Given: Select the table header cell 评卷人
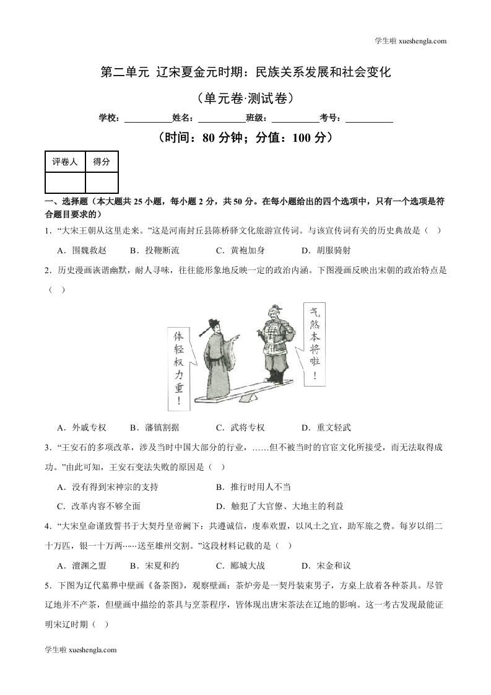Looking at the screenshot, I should [x=65, y=162].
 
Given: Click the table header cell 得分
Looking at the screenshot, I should [x=102, y=162].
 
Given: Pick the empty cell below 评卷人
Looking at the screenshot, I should [x=65, y=183].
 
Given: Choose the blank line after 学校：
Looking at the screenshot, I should [x=148, y=118].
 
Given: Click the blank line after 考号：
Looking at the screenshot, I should [x=368, y=118].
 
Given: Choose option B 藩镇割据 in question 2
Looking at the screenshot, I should [x=154, y=427].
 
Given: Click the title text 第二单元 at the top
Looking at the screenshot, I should [x=124, y=72].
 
